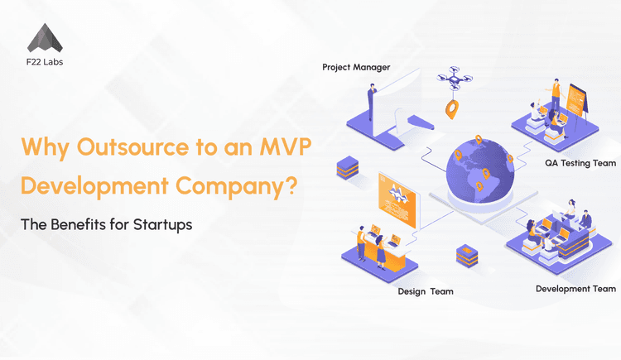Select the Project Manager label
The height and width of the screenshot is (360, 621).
356,66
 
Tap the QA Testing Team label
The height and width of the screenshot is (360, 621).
580,163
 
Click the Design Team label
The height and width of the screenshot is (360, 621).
424,290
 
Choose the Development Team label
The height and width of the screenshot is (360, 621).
575,289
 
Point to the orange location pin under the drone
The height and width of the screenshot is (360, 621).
452,108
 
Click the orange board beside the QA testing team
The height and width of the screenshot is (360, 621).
576,98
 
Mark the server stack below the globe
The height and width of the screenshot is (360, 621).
466,253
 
